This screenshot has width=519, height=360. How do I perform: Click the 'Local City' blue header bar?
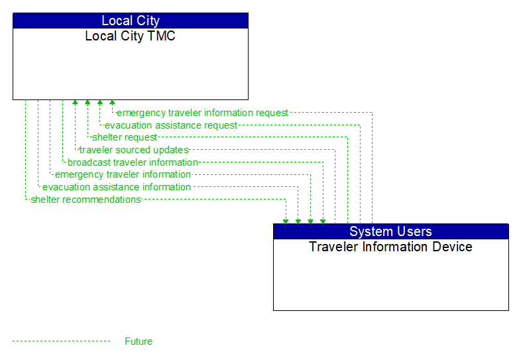(131, 21)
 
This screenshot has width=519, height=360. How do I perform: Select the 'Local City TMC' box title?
(131, 36)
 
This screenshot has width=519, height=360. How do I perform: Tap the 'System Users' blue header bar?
(390, 231)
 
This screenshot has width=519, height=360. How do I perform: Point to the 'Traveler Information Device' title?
(390, 247)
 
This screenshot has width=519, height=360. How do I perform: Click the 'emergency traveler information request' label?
(202, 113)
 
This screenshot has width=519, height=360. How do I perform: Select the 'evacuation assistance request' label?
(170, 125)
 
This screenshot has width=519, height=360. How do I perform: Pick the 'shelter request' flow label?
(125, 138)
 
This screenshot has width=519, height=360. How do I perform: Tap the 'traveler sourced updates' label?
(134, 150)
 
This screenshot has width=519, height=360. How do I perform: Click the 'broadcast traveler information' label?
(133, 162)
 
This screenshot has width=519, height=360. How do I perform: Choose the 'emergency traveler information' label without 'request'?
(123, 175)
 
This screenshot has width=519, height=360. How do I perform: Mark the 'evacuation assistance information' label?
(117, 187)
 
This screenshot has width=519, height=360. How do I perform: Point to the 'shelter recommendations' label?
(86, 200)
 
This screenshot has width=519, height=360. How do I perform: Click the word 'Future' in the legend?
(139, 341)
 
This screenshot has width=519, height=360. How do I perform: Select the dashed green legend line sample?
(61, 341)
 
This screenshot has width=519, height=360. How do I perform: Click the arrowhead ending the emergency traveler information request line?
(112, 103)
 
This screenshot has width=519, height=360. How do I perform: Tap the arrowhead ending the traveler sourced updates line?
(75, 103)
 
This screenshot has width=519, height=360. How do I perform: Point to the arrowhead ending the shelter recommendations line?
(286, 220)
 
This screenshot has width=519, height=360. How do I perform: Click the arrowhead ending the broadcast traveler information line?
(323, 220)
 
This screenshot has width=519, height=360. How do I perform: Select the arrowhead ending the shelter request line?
(87, 103)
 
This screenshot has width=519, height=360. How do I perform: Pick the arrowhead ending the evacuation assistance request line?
(99, 103)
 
